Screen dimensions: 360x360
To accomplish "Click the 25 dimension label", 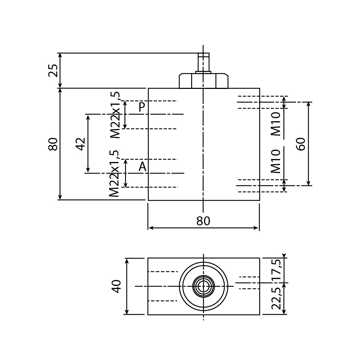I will (x=53, y=70).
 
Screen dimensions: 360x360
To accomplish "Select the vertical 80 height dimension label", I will (x=53, y=144).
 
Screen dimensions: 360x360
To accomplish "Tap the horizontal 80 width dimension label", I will (x=203, y=221).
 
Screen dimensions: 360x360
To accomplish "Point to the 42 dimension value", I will (x=81, y=144).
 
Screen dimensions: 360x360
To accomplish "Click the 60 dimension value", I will (x=301, y=144).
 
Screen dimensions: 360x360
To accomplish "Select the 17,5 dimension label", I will (x=276, y=270).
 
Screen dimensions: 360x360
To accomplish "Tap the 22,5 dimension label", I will (x=276, y=298).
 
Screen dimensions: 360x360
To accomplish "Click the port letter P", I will (x=142, y=107).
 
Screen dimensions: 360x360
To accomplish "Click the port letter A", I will (x=143, y=167).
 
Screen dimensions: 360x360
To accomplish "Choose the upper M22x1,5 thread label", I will (x=115, y=115).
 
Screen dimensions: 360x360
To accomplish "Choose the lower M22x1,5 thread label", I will (x=114, y=174).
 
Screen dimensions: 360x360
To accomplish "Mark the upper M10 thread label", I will (x=276, y=124).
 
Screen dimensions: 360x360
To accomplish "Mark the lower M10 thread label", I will (x=276, y=161).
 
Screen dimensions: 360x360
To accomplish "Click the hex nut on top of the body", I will (x=203, y=81).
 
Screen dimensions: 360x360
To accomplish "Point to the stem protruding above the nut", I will (x=203, y=62).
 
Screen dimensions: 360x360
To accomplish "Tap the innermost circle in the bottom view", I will (x=203, y=286).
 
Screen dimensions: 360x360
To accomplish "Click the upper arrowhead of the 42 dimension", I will (x=88, y=117).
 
